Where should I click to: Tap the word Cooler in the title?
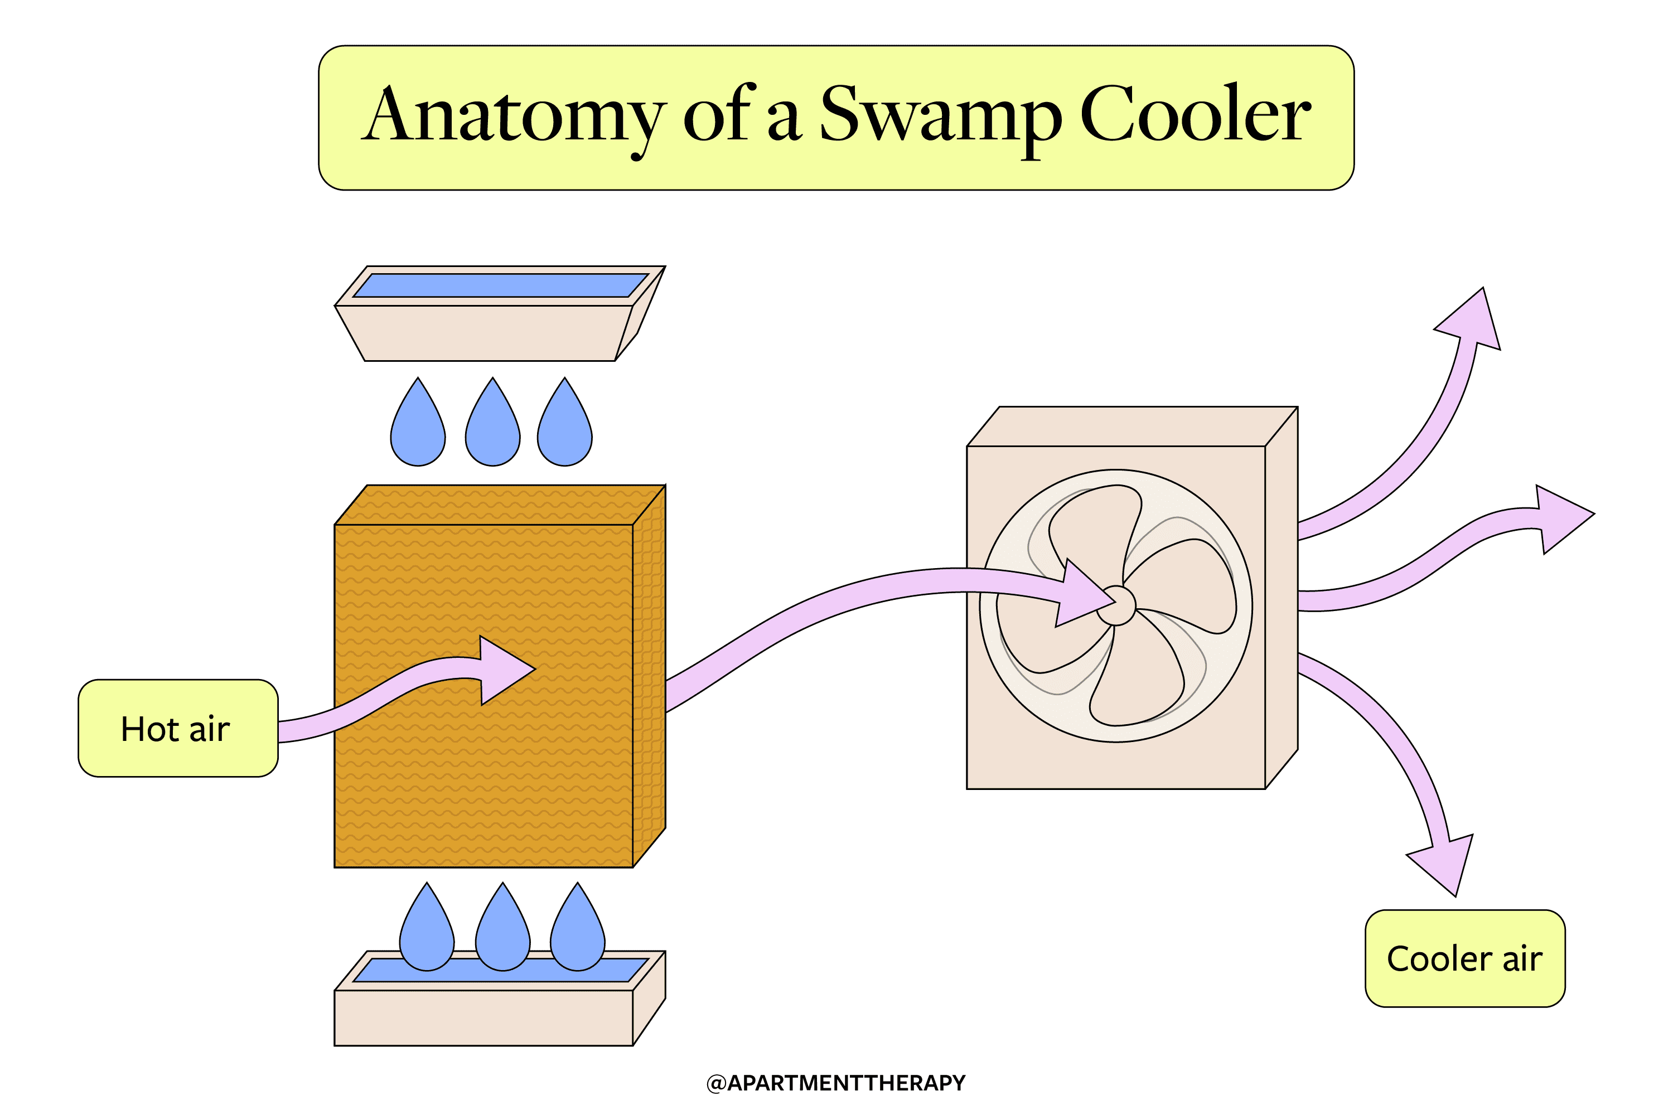(x=1196, y=114)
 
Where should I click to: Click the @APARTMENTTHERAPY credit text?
(x=836, y=1083)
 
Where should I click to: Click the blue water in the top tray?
(x=501, y=285)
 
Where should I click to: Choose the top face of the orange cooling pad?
(x=500, y=505)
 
